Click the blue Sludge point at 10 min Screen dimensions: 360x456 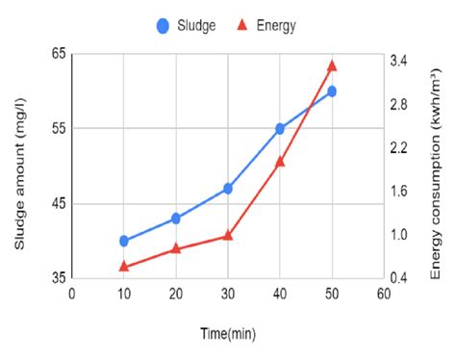point(124,241)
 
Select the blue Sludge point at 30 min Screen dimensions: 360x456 point(228,189)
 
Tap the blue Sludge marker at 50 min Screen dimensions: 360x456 point(332,91)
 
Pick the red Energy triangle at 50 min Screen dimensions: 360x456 point(332,65)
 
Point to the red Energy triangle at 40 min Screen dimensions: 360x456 point(280,162)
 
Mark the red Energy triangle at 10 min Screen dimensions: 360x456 point(124,266)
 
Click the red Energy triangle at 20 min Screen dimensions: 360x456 point(176,248)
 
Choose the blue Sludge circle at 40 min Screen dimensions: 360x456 point(280,128)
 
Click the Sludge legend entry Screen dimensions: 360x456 point(189,26)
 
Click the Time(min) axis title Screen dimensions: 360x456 point(228,333)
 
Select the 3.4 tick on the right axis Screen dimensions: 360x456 point(398,61)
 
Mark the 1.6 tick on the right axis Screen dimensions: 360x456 point(398,191)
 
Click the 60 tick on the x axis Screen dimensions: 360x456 point(383,294)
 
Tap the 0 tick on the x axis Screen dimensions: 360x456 point(72,294)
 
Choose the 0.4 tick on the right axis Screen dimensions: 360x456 point(398,278)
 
